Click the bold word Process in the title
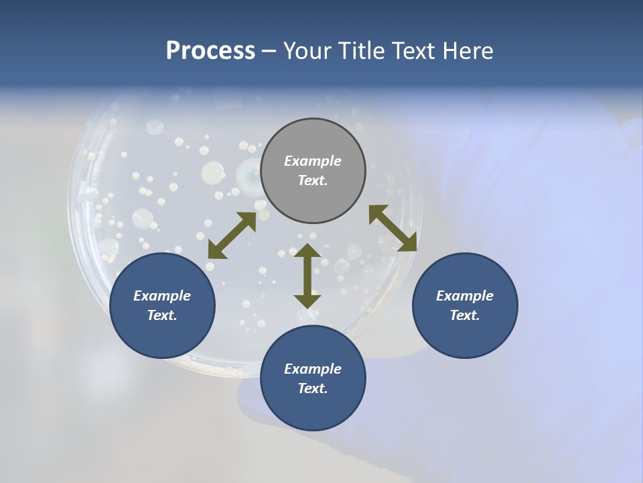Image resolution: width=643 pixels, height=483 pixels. pos(210,51)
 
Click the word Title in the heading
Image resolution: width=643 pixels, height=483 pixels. pos(360,51)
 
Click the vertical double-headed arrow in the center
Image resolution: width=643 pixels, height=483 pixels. pos(307,276)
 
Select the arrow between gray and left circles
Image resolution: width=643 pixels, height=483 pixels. pos(232,235)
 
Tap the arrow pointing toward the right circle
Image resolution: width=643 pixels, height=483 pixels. pos(393,229)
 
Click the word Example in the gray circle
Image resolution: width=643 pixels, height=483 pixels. pos(313,161)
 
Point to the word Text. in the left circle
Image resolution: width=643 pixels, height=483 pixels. pos(162,315)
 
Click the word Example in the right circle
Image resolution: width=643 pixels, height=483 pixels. pos(465,296)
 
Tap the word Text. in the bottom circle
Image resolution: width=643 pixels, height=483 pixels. pos(313,388)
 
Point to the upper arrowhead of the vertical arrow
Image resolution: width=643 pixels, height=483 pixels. pos(307,250)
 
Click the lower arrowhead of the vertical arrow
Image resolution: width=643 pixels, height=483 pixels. pos(307,302)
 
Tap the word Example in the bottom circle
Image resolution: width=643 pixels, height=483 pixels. pos(313,369)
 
